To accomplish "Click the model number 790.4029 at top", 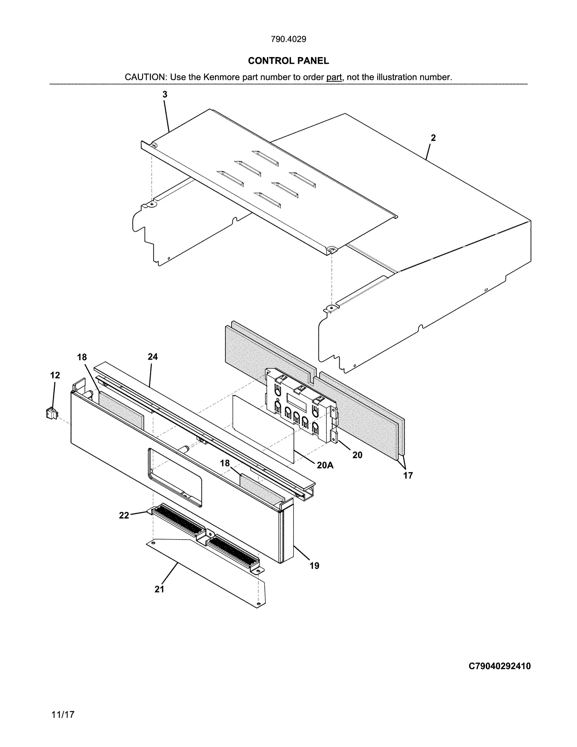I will point(288,39).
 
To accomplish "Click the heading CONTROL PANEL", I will point(288,61).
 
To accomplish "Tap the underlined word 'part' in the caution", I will point(334,77).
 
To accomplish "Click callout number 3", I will point(165,95).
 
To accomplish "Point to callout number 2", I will point(433,138).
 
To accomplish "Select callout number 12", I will point(55,375).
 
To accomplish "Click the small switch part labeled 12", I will point(52,413).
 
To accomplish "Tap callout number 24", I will point(153,357).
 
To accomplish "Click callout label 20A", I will point(325,465).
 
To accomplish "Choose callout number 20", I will point(357,455).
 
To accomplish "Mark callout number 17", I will point(408,475).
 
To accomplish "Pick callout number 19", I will point(314,566).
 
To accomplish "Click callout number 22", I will point(124,516).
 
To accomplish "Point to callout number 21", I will point(159,589).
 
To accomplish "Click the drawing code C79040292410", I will point(499,666).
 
